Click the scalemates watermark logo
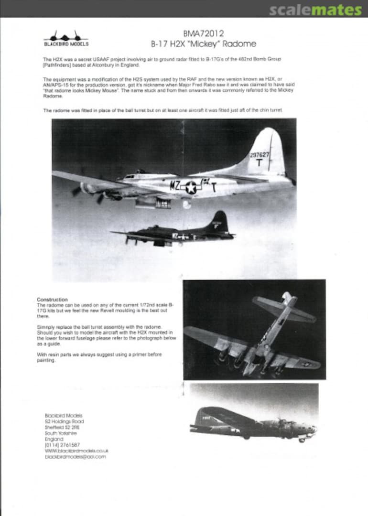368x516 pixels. tap(315, 10)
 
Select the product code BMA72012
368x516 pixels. tap(203, 33)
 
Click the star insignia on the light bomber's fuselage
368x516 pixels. tap(191, 187)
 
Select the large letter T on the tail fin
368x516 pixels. tap(259, 162)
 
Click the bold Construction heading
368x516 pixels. tap(52, 300)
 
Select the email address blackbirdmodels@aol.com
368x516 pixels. tap(75, 457)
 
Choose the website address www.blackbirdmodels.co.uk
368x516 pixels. tap(76, 451)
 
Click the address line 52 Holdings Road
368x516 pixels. tap(64, 421)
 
